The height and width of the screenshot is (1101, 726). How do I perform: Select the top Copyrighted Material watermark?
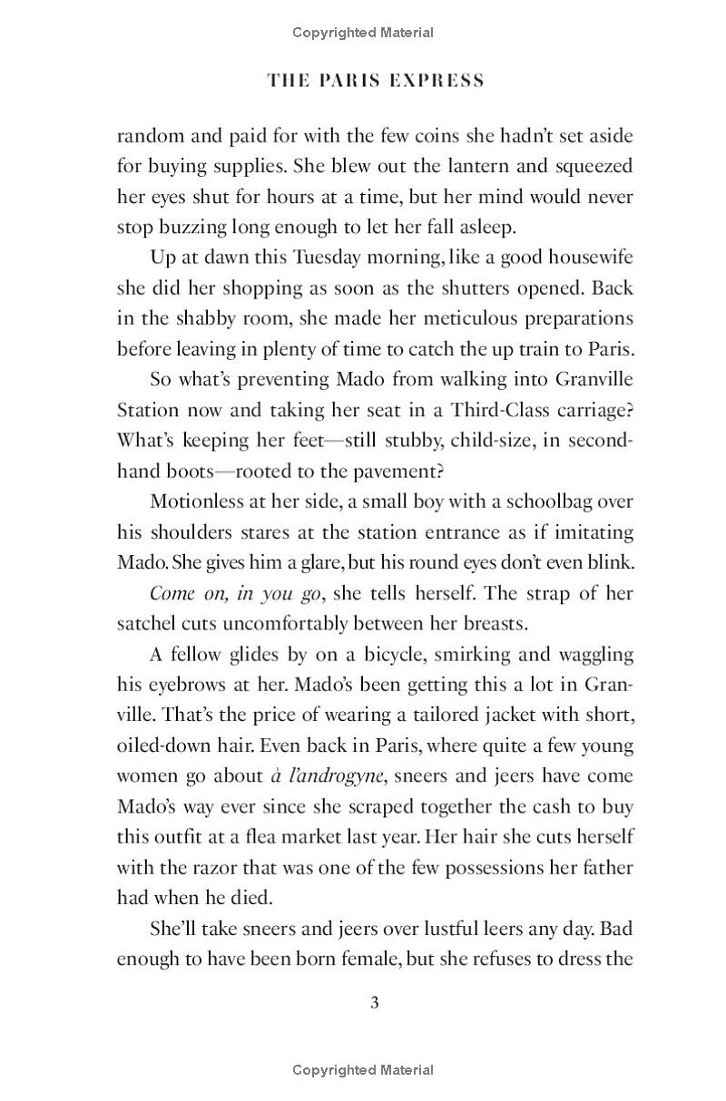point(363,33)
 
